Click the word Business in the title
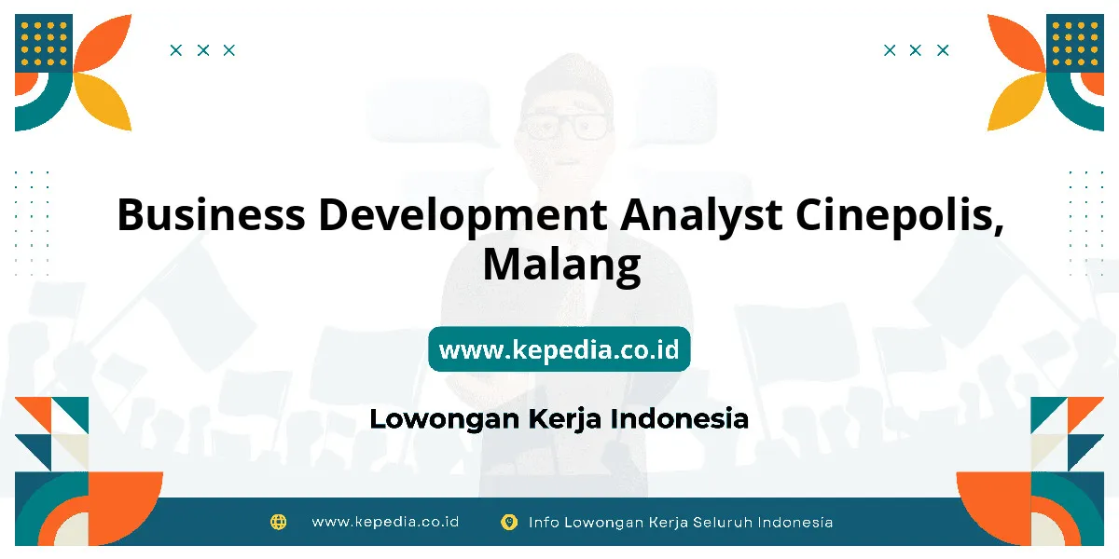tap(211, 214)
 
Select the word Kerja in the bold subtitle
tap(564, 420)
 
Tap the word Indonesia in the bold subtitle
tap(680, 418)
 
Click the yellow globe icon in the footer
tap(278, 522)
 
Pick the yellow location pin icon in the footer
tap(509, 522)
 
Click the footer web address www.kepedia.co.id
tap(385, 522)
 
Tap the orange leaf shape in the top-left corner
tap(104, 43)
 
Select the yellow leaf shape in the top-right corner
tap(1016, 102)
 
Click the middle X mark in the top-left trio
tap(203, 50)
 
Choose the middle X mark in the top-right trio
tap(915, 50)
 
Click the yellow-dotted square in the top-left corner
tap(44, 44)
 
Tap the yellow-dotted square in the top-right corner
tap(1075, 44)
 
